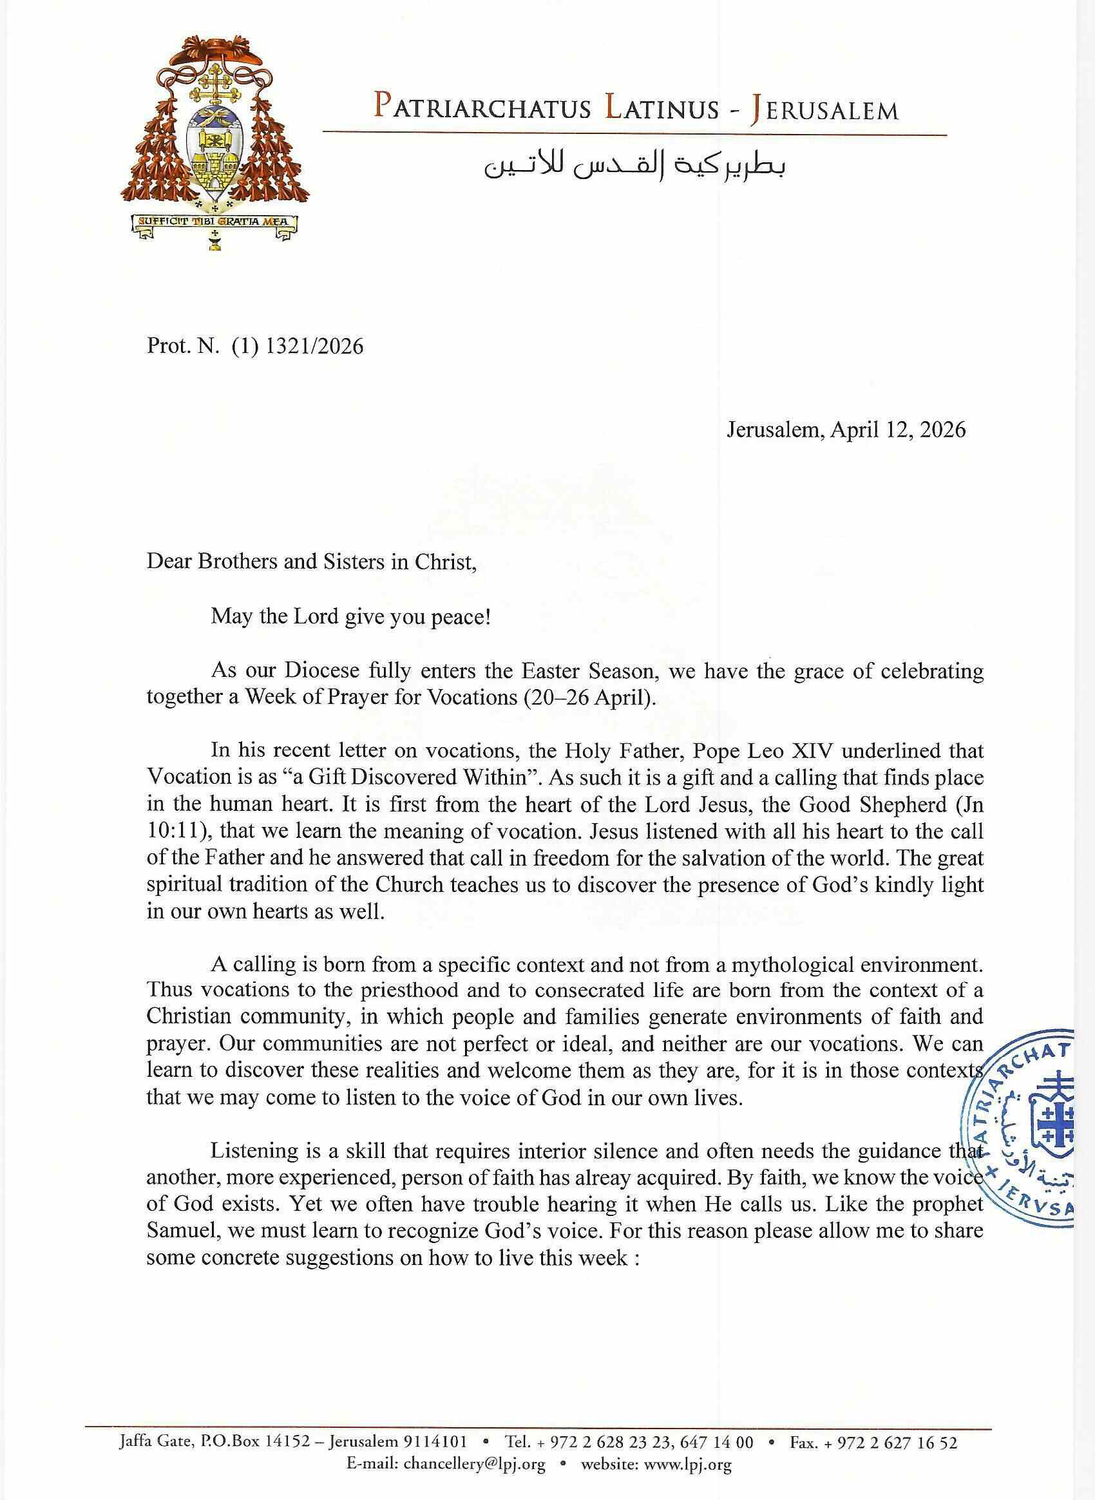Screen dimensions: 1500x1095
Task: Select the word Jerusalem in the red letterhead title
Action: pos(823,109)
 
